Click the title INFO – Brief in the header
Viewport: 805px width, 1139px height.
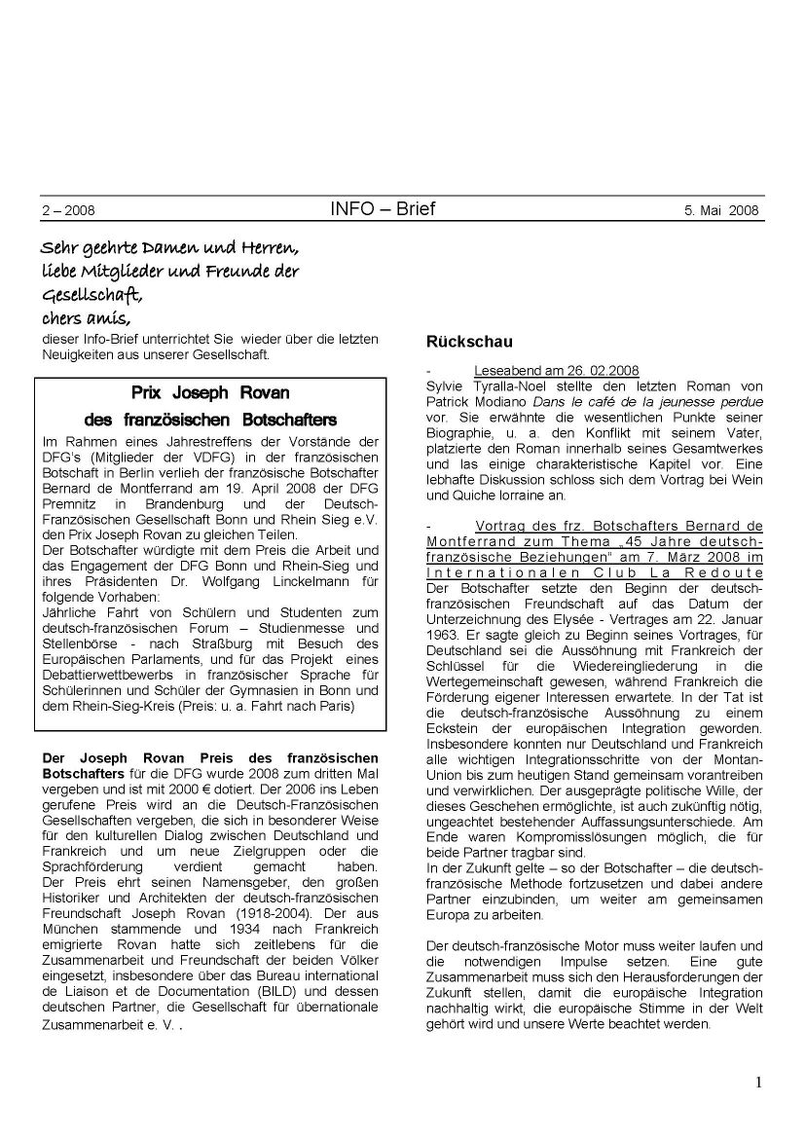(x=383, y=209)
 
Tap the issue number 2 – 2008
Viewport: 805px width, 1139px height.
(x=68, y=210)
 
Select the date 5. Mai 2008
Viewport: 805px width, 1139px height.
(x=714, y=210)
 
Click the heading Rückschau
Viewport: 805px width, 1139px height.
(x=469, y=342)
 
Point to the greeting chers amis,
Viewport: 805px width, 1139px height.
(x=86, y=317)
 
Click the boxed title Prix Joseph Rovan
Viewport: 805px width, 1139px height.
(x=210, y=393)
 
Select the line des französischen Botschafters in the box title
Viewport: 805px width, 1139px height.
(x=210, y=421)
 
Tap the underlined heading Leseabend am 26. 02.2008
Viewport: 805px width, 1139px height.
(x=556, y=371)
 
